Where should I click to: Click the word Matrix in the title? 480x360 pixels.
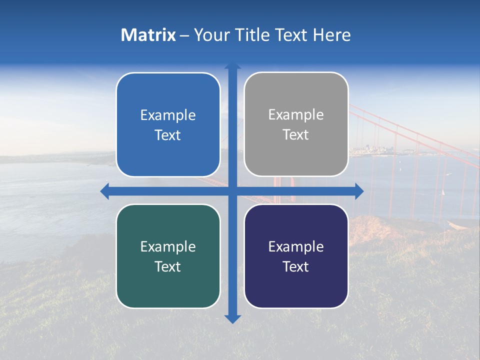[x=148, y=35]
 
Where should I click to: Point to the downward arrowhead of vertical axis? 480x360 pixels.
[x=232, y=319]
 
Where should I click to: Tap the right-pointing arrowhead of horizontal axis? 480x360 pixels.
[x=359, y=191]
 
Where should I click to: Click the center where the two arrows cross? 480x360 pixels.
[x=232, y=191]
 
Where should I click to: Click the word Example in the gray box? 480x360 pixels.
[x=296, y=115]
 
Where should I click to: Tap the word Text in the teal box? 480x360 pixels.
[x=167, y=266]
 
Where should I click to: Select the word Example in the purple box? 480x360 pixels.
[x=296, y=246]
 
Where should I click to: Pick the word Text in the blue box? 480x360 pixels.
[x=167, y=135]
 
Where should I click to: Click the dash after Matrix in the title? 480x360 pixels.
[x=184, y=35]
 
